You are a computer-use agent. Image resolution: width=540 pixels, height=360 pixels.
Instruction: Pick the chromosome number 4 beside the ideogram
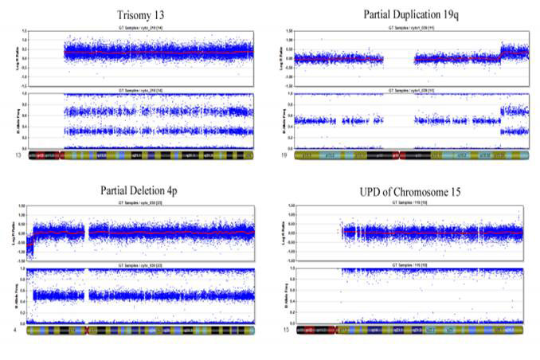[17, 330]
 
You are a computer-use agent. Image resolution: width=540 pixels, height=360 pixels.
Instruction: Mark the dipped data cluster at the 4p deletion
[31, 248]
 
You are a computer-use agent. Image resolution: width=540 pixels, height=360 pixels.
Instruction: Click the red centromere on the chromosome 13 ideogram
[60, 157]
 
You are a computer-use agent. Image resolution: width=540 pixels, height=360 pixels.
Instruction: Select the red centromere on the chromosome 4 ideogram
[85, 330]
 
